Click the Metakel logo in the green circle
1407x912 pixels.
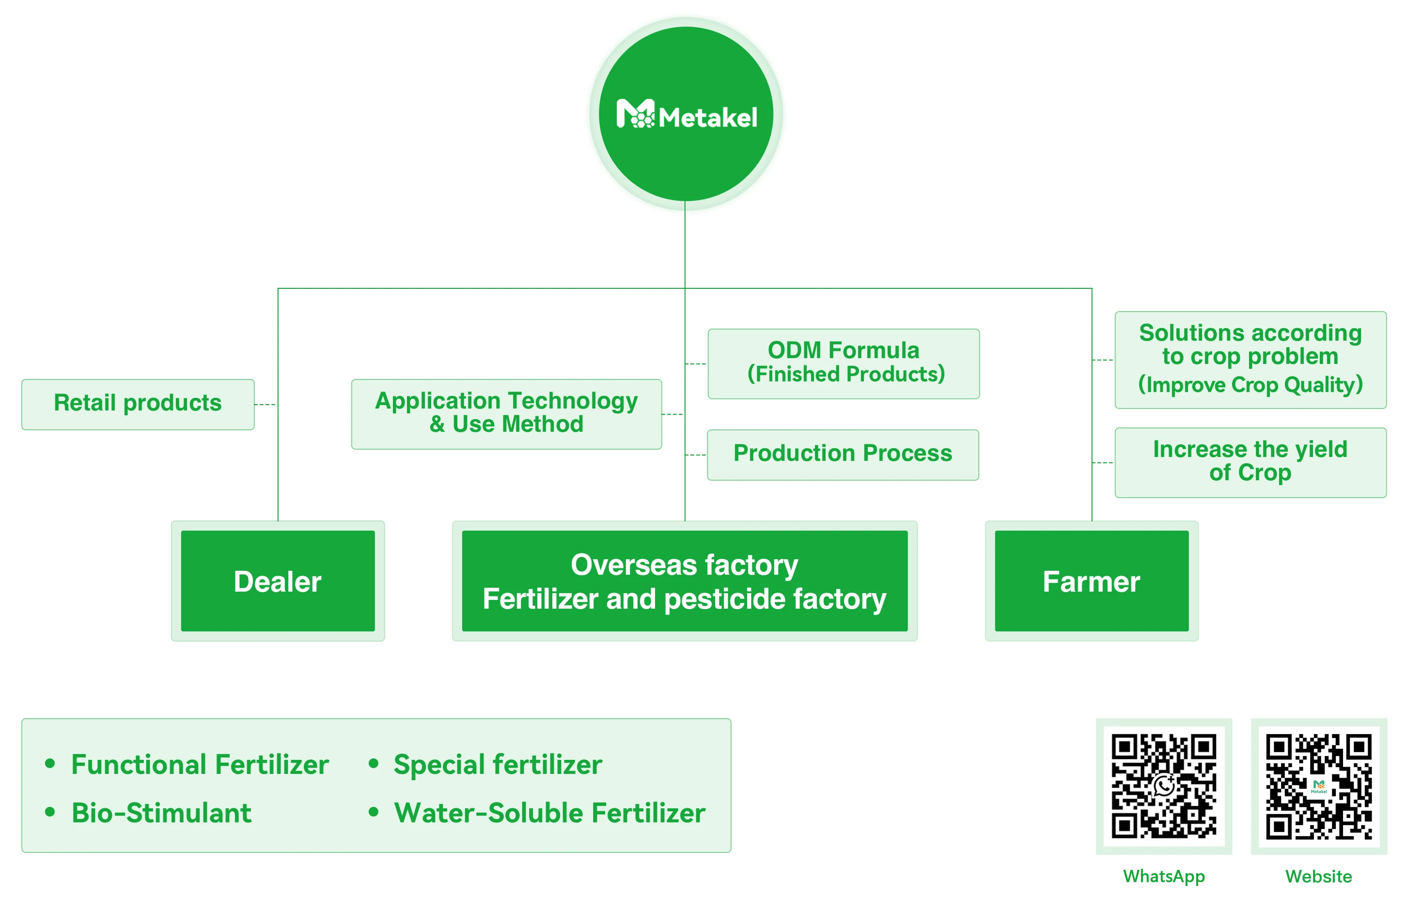(x=686, y=115)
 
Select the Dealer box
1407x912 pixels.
(x=277, y=581)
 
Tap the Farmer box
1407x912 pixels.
(x=1091, y=581)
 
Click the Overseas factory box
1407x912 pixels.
(x=684, y=581)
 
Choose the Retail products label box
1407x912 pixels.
(x=138, y=404)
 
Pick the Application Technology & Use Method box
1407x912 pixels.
(x=506, y=413)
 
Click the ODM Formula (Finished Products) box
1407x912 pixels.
(x=843, y=363)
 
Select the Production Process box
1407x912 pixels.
(x=843, y=454)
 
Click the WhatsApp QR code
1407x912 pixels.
(x=1163, y=786)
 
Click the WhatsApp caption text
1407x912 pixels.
(x=1163, y=876)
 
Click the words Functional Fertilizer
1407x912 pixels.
(x=200, y=764)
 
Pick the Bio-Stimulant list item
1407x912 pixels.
(x=161, y=813)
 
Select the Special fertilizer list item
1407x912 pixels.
(x=498, y=764)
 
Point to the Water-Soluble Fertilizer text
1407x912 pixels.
(x=549, y=813)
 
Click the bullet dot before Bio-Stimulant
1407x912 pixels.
(x=50, y=812)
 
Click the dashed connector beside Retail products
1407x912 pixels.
(x=266, y=405)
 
